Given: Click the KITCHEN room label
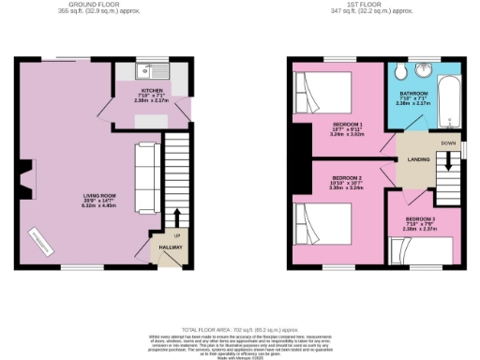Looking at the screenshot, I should click(127, 90).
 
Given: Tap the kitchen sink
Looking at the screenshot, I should click(144, 71).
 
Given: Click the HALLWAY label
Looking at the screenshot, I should click(169, 247).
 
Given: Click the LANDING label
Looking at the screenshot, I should click(418, 160).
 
